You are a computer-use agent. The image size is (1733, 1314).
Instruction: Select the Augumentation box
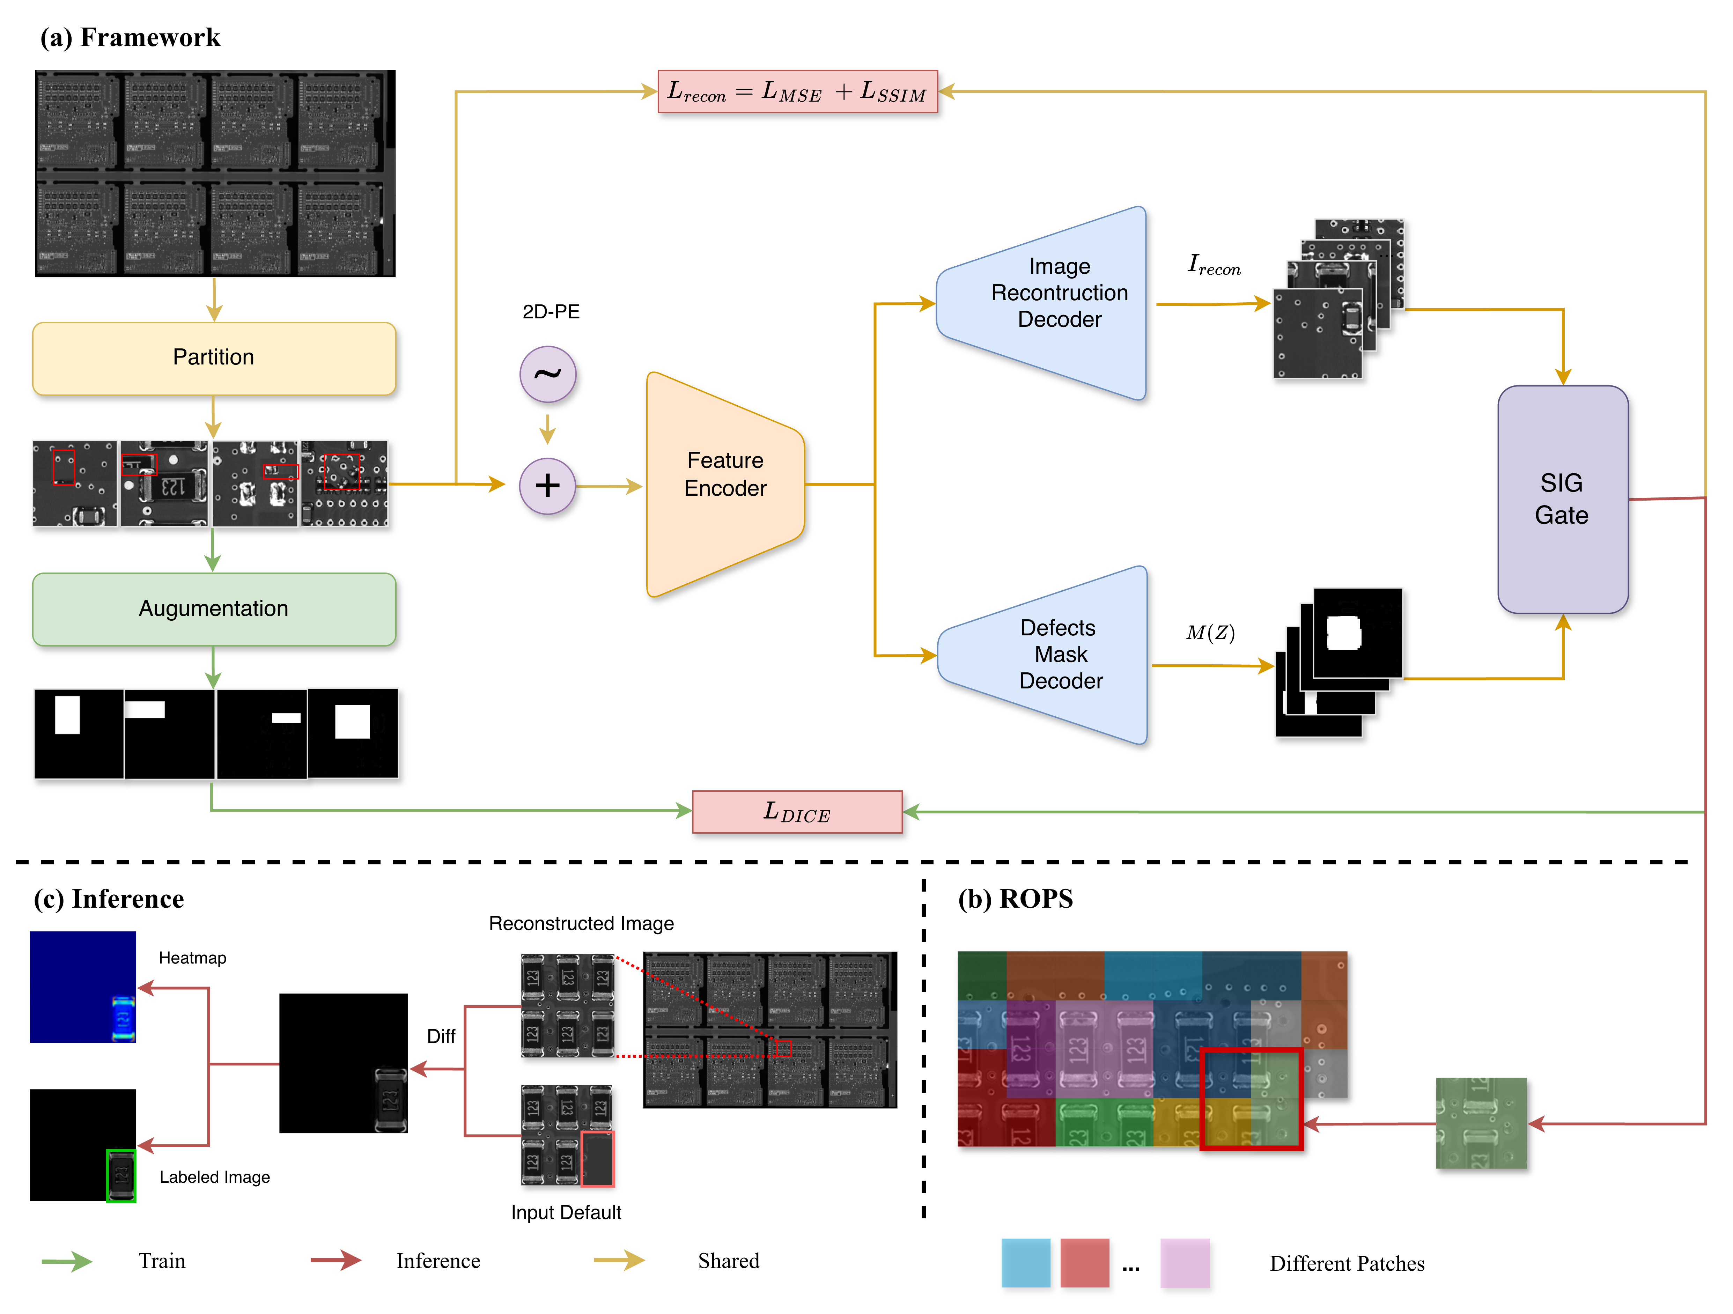[214, 609]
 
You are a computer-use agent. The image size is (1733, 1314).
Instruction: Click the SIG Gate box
[1562, 499]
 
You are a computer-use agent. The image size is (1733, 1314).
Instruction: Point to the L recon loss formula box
[798, 92]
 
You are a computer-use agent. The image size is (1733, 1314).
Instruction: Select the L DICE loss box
[797, 812]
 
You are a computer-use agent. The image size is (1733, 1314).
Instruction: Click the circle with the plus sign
[548, 486]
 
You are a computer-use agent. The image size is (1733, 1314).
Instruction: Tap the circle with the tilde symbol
[548, 374]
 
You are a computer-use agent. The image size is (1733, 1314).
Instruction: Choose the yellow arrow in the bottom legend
[619, 1260]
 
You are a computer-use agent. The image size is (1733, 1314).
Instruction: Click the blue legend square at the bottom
[1026, 1262]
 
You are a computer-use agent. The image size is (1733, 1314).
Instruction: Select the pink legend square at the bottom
[1185, 1262]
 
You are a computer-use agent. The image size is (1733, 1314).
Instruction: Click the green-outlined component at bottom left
[121, 1175]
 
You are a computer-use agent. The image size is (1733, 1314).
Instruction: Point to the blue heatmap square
[83, 987]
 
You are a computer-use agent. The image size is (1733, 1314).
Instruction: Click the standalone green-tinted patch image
[1481, 1123]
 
